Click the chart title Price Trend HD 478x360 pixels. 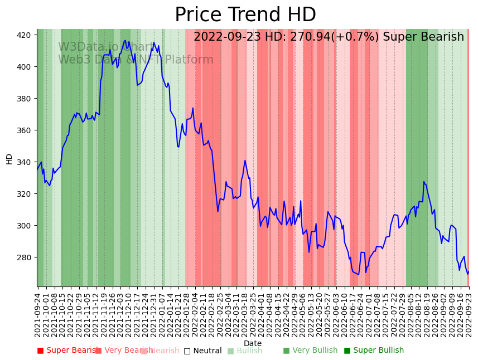[245, 15]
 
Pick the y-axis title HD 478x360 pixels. [9, 159]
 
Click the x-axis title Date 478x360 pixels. [253, 343]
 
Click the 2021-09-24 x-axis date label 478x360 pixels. [38, 315]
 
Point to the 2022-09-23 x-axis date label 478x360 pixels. [469, 315]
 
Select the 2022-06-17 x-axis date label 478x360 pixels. [353, 315]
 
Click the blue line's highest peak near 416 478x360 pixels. [125, 40]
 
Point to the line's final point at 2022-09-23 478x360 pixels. [469, 271]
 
